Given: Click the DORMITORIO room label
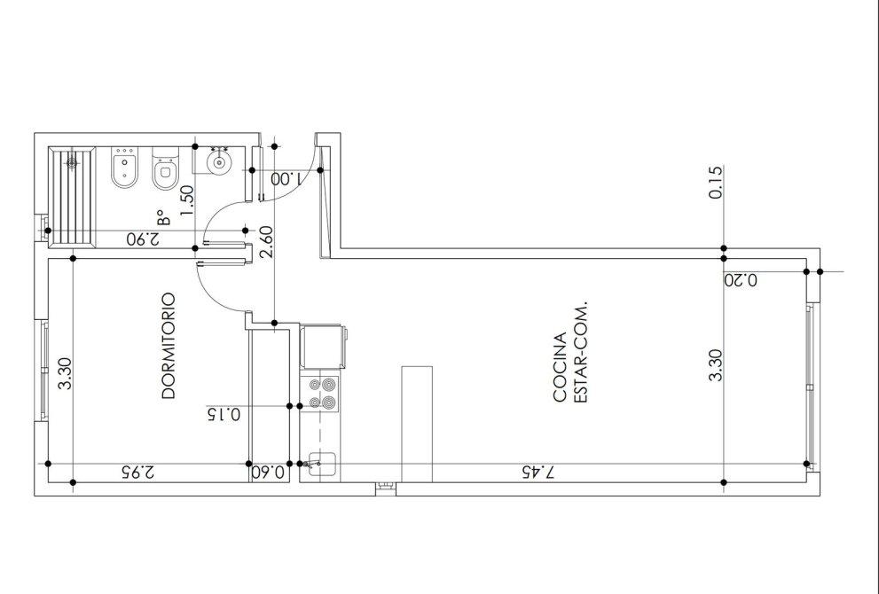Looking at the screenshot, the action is coord(169,346).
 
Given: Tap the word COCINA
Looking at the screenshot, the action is coord(560,368).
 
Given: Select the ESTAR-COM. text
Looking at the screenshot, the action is coord(580,353).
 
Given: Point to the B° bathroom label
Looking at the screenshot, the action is coord(162,217).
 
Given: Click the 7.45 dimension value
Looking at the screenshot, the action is coord(538,473).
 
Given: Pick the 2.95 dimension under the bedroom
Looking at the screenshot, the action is coord(137,472).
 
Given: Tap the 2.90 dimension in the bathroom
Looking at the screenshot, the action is coord(143,238).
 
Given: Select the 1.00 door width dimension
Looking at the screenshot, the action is coord(286,179).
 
